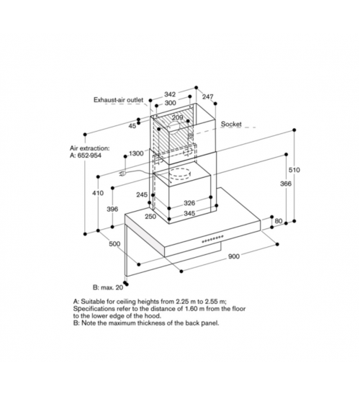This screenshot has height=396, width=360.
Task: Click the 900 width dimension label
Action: tap(234, 256)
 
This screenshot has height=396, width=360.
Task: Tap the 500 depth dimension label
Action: tap(114, 244)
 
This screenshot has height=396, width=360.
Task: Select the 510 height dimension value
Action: tap(294, 170)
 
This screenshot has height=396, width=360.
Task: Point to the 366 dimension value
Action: tap(286, 184)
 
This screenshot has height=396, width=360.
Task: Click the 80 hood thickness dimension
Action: tap(279, 221)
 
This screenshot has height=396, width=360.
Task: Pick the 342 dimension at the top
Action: tap(170, 94)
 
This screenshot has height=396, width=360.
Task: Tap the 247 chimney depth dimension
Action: tap(207, 96)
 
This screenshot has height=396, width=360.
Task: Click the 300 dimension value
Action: tap(170, 103)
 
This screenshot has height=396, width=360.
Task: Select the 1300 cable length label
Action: tap(136, 153)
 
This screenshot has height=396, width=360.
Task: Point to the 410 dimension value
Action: tap(98, 193)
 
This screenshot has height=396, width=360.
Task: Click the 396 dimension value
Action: tap(112, 209)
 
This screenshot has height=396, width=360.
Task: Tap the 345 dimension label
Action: tap(189, 213)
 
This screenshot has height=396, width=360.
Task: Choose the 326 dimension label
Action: tap(189, 203)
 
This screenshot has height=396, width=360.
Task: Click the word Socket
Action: tap(231, 124)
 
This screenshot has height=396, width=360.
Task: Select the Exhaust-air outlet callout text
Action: tap(119, 100)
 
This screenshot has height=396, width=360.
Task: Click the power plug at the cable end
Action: tap(122, 174)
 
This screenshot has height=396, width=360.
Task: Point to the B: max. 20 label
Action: tap(108, 287)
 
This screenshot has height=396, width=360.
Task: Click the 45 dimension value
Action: tap(132, 126)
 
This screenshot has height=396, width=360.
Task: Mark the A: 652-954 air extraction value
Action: tap(86, 156)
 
